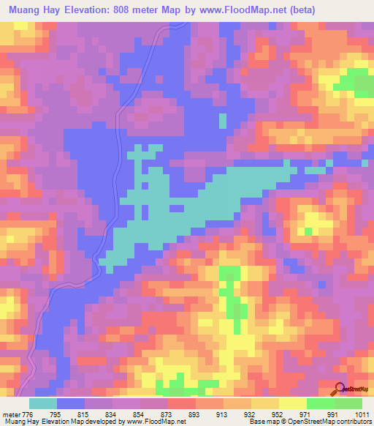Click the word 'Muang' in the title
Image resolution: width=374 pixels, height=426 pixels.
[x=26, y=10]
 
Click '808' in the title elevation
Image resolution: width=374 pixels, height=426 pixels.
[x=152, y=10]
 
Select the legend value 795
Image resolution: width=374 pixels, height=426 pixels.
[x=56, y=414]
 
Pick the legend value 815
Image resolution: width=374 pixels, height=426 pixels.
[x=84, y=414]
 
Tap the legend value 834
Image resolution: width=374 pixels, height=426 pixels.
[x=112, y=414]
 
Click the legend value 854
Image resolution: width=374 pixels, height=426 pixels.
[x=140, y=414]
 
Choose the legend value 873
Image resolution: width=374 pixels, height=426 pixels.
[x=168, y=414]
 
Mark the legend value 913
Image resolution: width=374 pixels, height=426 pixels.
[x=223, y=414]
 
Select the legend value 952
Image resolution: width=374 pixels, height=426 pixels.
[x=278, y=414]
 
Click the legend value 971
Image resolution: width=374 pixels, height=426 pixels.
[x=306, y=414]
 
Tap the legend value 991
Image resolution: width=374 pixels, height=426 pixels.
[x=334, y=414]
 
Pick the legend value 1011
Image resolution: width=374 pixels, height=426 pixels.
[x=362, y=414]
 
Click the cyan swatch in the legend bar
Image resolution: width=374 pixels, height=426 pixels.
[x=43, y=403]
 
